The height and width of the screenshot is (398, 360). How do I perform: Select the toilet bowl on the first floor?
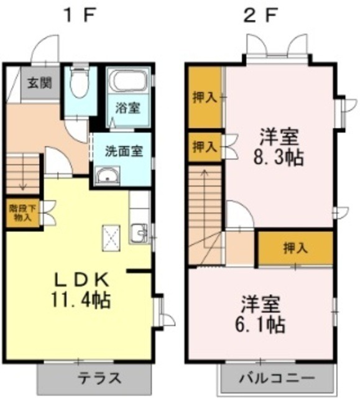click(x=79, y=85)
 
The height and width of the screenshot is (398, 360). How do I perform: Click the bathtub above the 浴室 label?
click(x=127, y=80)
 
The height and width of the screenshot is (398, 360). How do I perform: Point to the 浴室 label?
click(x=127, y=107)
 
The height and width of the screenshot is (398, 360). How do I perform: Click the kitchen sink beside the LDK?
click(x=139, y=233)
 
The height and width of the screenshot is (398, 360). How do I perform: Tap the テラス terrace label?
click(x=98, y=378)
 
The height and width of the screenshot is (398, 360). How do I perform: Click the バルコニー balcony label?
click(x=277, y=378)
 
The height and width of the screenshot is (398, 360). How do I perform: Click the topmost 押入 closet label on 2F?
click(x=205, y=98)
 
